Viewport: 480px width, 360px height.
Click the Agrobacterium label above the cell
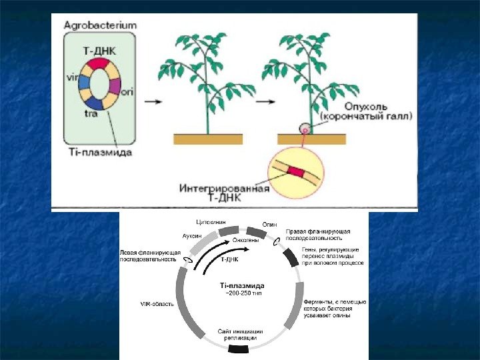(100, 25)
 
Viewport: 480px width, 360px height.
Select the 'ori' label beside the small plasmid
(127, 93)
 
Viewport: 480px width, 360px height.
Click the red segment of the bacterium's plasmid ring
(98, 63)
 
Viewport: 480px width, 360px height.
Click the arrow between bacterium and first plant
(153, 102)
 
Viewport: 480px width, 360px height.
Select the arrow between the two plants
(265, 102)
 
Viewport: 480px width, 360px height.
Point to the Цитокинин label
(210, 221)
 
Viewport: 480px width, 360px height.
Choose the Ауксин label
(192, 236)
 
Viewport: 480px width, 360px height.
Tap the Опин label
(269, 225)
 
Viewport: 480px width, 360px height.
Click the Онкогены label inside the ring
(237, 239)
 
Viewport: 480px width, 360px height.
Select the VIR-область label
(157, 304)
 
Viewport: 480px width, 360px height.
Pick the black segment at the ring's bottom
(241, 347)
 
